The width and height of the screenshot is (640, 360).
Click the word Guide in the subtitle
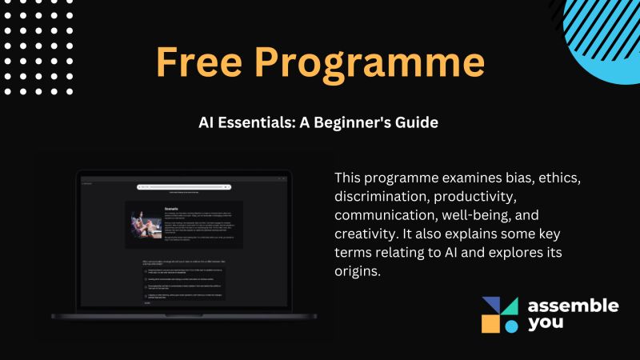click(417, 124)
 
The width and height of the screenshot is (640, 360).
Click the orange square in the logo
click(490, 323)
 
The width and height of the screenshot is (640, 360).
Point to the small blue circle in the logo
click(510, 326)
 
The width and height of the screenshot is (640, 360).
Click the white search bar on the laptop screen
click(184, 187)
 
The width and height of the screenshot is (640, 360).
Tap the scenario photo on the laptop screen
click(146, 226)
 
